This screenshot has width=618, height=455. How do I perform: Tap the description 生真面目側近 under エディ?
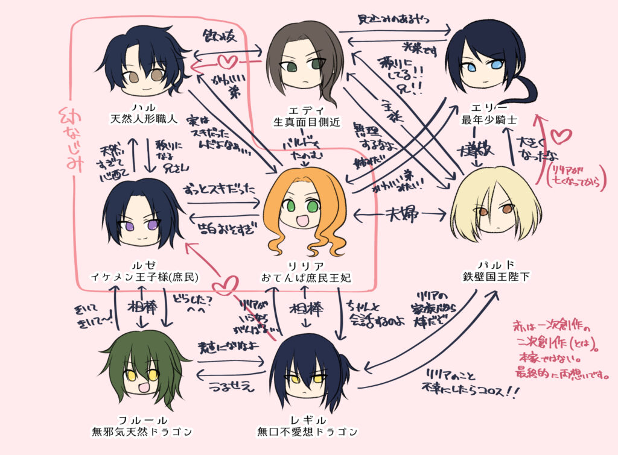point(306,122)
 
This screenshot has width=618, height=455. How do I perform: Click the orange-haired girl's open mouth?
point(302,221)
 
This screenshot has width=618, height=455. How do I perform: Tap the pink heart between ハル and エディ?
point(226,61)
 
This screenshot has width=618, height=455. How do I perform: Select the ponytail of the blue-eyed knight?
point(519,90)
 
